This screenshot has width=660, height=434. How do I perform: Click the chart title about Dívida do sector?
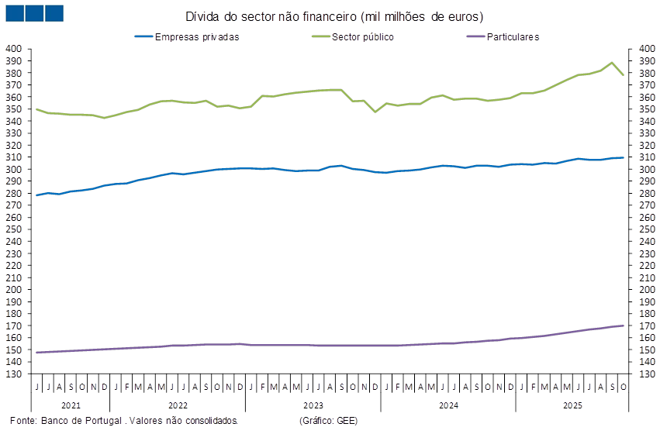pyautogui.click(x=334, y=16)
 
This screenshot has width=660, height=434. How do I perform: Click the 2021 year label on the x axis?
pyautogui.click(x=70, y=405)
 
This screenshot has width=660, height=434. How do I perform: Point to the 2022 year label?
pyautogui.click(x=177, y=405)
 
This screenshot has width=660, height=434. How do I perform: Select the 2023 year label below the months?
pyautogui.click(x=313, y=405)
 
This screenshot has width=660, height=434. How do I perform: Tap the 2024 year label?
pyautogui.click(x=447, y=405)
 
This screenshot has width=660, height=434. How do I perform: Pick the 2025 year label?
pyautogui.click(x=572, y=405)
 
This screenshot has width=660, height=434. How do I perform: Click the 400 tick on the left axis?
pyautogui.click(x=14, y=49)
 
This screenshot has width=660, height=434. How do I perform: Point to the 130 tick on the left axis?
pyautogui.click(x=14, y=374)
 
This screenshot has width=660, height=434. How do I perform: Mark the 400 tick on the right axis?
pyautogui.click(x=647, y=49)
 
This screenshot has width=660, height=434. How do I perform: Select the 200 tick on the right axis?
pyautogui.click(x=647, y=289)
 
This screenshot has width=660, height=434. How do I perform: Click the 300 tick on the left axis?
pyautogui.click(x=14, y=169)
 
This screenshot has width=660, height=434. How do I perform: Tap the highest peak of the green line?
pyautogui.click(x=613, y=62)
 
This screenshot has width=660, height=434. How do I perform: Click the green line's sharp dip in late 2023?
pyautogui.click(x=376, y=112)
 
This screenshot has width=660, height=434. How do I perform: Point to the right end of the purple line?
pyautogui.click(x=624, y=325)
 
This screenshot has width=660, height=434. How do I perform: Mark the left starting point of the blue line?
pyautogui.click(x=37, y=195)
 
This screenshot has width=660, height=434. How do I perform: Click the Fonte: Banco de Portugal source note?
pyautogui.click(x=125, y=421)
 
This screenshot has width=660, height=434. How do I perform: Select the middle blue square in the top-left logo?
pyautogui.click(x=34, y=13)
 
